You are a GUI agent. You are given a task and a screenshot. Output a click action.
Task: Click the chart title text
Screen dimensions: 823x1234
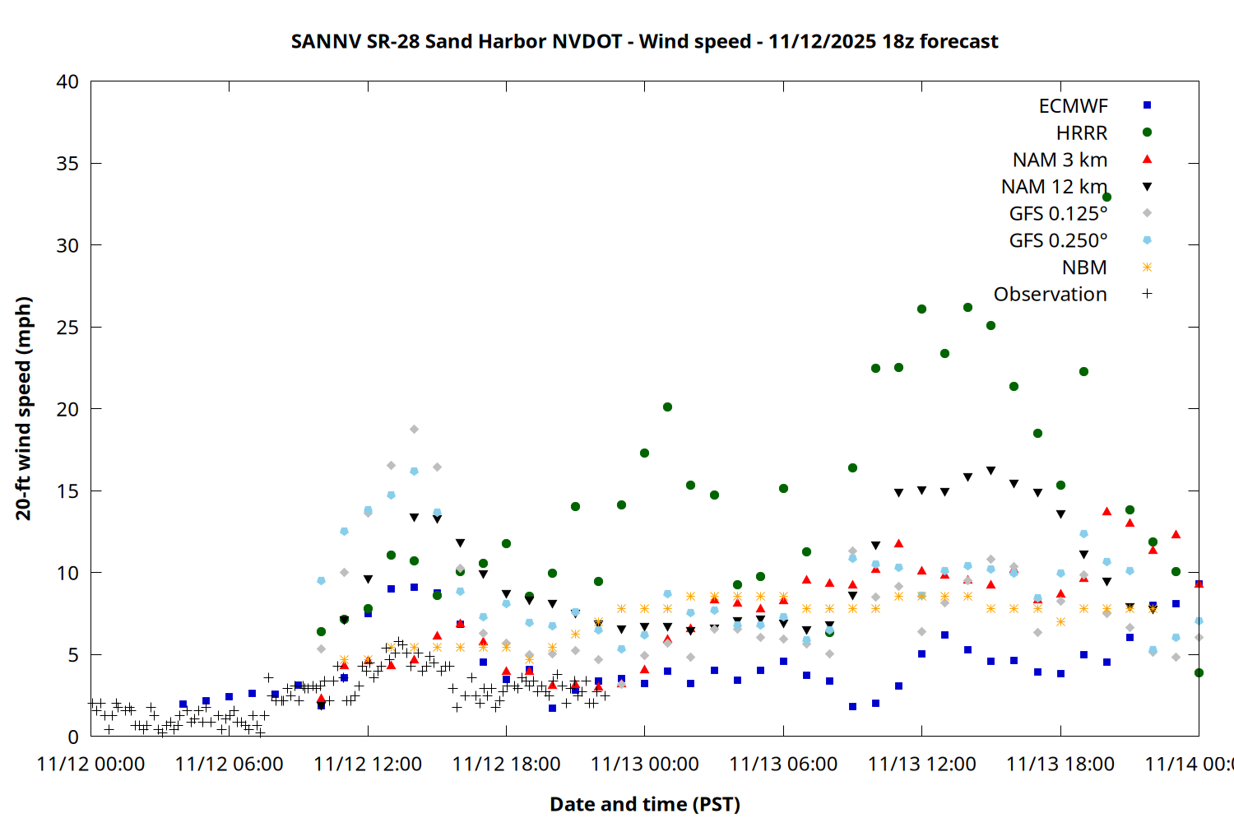(644, 41)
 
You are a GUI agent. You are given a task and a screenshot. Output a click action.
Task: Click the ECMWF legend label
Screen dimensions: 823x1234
(1073, 106)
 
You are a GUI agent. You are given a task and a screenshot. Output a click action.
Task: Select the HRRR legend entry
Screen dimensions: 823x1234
(1082, 133)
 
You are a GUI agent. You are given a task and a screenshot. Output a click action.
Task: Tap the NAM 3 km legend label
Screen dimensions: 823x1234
(1060, 160)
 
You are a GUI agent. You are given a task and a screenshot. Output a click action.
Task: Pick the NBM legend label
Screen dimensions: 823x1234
(1084, 267)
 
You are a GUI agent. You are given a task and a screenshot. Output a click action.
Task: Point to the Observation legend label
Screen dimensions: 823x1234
(1050, 295)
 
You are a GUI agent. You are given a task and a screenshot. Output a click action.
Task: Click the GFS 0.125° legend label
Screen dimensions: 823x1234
(1058, 214)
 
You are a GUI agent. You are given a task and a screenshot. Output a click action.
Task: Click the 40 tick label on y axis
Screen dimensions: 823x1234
(67, 81)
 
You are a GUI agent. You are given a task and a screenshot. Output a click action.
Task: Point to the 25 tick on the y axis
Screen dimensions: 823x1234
(67, 328)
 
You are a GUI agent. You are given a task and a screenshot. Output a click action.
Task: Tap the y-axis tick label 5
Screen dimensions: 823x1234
(73, 655)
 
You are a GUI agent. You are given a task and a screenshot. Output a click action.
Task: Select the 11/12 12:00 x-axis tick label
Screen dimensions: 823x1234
(368, 765)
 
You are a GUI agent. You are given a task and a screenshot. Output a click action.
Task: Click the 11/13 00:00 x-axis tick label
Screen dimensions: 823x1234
(644, 765)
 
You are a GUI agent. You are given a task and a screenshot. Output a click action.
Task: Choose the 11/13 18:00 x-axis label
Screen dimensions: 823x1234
(1060, 765)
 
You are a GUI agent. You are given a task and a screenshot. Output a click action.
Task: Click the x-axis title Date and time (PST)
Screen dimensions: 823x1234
(644, 804)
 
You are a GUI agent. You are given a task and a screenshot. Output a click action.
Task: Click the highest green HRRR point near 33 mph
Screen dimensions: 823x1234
(1106, 198)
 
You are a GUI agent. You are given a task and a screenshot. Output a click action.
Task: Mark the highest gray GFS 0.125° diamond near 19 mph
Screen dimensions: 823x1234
(414, 430)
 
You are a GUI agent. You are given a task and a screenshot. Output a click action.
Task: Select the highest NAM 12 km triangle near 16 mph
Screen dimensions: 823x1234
(990, 471)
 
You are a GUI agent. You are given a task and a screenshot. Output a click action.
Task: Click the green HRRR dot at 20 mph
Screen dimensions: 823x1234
(667, 407)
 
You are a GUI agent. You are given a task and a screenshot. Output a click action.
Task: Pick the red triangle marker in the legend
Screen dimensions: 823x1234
(1147, 160)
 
